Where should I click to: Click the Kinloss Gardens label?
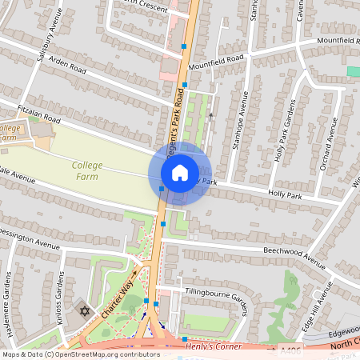pos(59,297)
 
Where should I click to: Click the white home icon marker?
pos(180,172)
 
